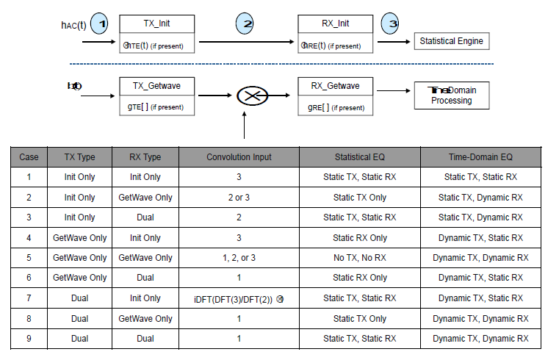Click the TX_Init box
[158, 34]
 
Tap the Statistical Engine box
[451, 41]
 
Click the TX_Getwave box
[158, 96]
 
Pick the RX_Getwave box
[335, 96]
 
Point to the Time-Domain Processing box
[451, 96]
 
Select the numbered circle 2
[248, 24]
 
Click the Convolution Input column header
[239, 157]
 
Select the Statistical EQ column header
[359, 157]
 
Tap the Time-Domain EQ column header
[480, 157]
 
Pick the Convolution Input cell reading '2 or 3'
[239, 198]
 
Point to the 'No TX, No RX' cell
[359, 258]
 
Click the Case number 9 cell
[29, 339]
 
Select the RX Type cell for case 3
[145, 217]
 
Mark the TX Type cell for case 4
[79, 238]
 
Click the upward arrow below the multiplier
[243, 126]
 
